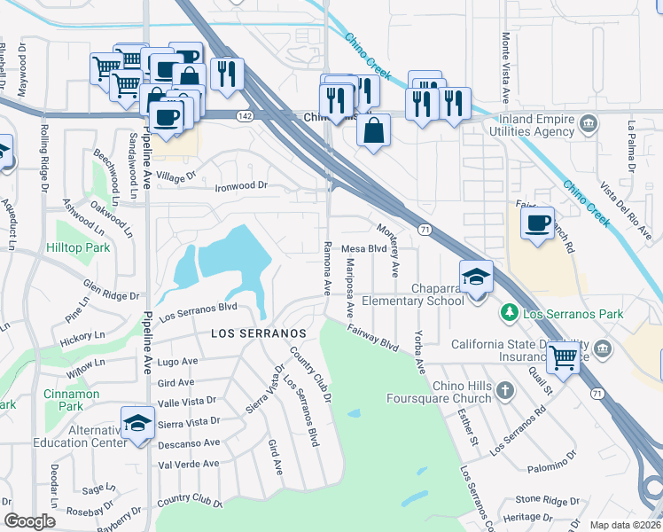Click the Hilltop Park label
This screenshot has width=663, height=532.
pos(79,247)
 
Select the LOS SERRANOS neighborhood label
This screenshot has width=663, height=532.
pos(258,332)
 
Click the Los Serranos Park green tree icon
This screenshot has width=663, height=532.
pos(509,313)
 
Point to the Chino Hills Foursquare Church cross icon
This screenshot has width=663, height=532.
pos(503,391)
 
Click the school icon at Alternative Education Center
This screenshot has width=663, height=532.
pos(137,422)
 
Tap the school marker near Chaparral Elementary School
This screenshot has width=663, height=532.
pos(476,277)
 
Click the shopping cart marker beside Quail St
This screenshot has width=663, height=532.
pos(563,357)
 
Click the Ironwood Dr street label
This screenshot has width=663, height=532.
pos(241,186)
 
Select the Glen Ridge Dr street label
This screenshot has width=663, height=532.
pos(111,290)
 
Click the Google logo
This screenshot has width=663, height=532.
pos(30,521)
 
